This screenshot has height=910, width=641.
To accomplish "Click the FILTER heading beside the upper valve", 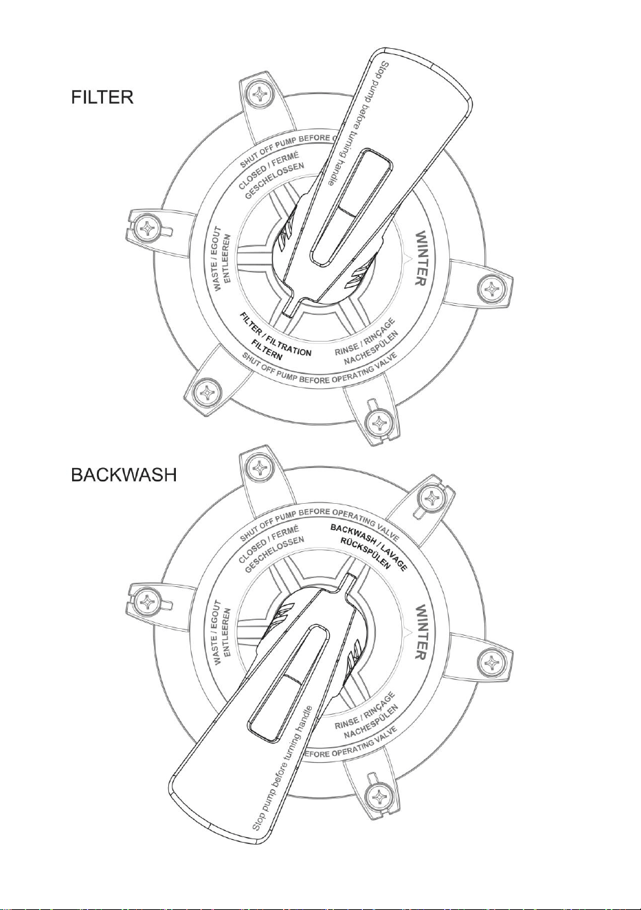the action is click(x=102, y=98).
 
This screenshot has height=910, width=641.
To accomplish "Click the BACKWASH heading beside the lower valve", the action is click(x=124, y=475).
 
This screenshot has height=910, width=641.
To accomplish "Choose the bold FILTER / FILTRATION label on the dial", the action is click(x=275, y=334).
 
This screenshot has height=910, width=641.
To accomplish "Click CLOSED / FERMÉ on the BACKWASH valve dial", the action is click(x=269, y=545).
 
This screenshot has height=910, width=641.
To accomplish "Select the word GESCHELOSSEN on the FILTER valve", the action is click(x=274, y=181).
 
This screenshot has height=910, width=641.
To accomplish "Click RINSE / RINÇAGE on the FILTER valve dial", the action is click(x=365, y=337).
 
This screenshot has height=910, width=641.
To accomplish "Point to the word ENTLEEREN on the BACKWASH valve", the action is click(x=227, y=632).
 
